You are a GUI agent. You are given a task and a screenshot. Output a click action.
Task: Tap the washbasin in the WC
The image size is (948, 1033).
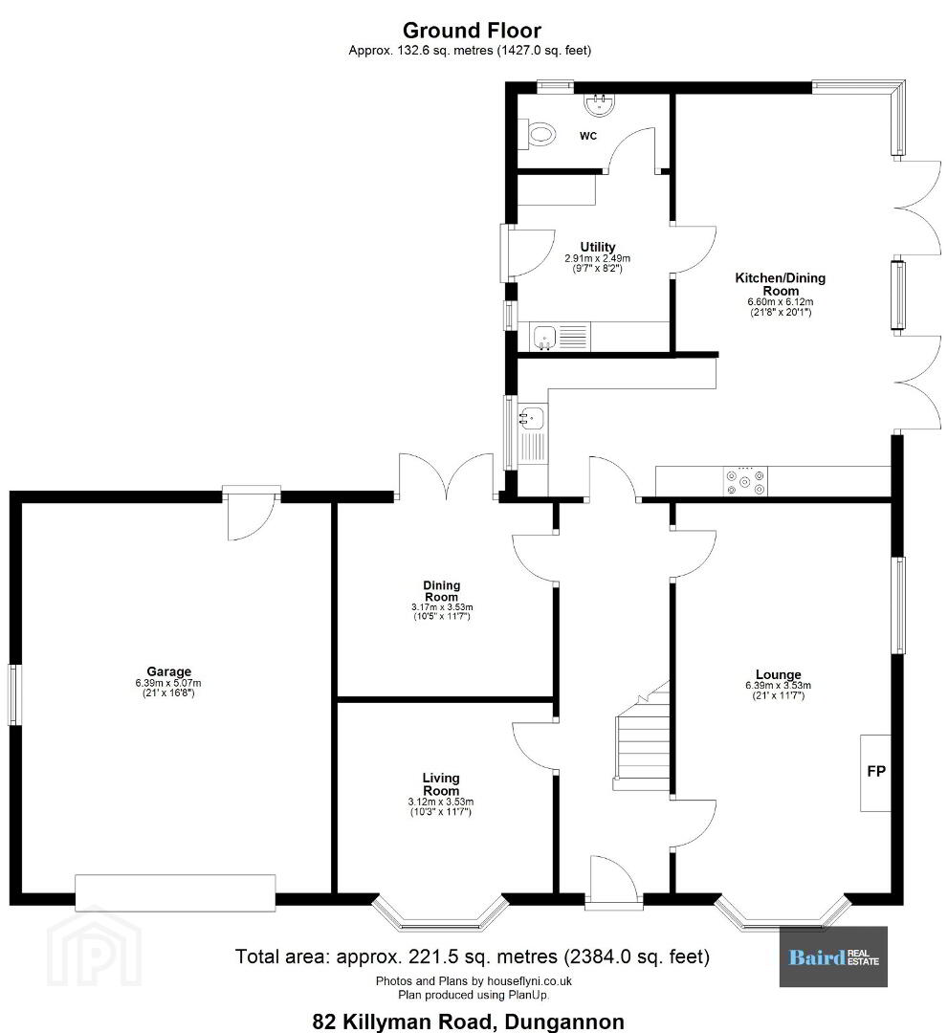point(599,105)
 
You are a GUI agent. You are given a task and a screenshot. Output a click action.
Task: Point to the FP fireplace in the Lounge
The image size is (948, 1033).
point(875,772)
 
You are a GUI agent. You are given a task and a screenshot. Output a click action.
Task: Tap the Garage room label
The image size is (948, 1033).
point(168,671)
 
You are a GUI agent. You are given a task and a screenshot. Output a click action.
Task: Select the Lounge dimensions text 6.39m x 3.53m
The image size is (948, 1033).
point(778,685)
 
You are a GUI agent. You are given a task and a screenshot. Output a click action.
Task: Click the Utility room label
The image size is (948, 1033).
point(598,247)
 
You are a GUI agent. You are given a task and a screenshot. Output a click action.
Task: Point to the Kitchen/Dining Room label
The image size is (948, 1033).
point(780,284)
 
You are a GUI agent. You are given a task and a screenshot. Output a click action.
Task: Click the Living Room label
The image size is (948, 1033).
point(441,784)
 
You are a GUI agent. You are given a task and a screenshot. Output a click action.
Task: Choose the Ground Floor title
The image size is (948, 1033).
point(472,31)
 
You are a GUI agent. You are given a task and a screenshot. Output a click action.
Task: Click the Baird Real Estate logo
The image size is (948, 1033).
point(833,956)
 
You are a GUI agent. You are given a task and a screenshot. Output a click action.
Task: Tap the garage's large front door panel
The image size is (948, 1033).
point(175,892)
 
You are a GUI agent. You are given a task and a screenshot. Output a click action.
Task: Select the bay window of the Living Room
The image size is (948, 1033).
point(440,913)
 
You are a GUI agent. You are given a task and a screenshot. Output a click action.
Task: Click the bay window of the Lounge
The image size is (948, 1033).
point(783,912)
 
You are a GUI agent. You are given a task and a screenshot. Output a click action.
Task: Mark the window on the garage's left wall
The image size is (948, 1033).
point(12,695)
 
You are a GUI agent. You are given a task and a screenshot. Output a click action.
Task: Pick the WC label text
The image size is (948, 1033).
point(588,136)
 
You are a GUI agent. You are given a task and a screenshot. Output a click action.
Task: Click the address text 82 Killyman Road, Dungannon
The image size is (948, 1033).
point(469,1022)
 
